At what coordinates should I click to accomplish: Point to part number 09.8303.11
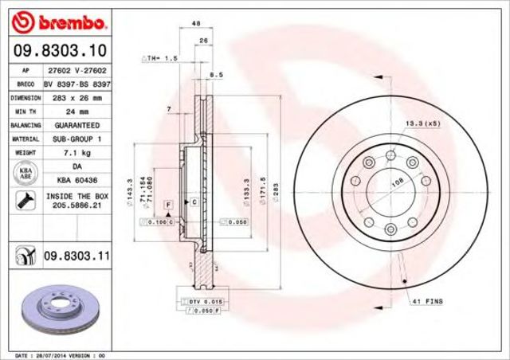(76, 255)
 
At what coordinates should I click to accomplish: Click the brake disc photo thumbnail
(56, 306)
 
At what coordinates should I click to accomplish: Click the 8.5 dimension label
(213, 75)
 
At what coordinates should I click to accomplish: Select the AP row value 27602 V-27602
(76, 69)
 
